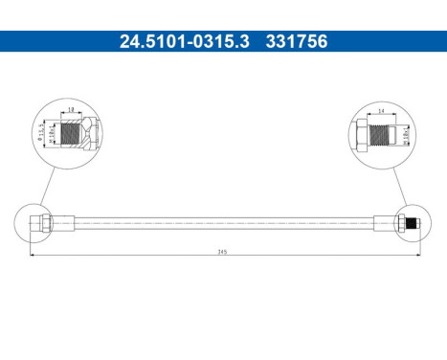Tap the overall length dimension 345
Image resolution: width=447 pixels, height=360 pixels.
coord(222,253)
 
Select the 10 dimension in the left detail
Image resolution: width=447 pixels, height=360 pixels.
coord(72,109)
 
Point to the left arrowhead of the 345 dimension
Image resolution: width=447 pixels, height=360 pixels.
coord(33,258)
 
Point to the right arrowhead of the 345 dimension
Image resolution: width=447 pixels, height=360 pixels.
coord(418,258)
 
